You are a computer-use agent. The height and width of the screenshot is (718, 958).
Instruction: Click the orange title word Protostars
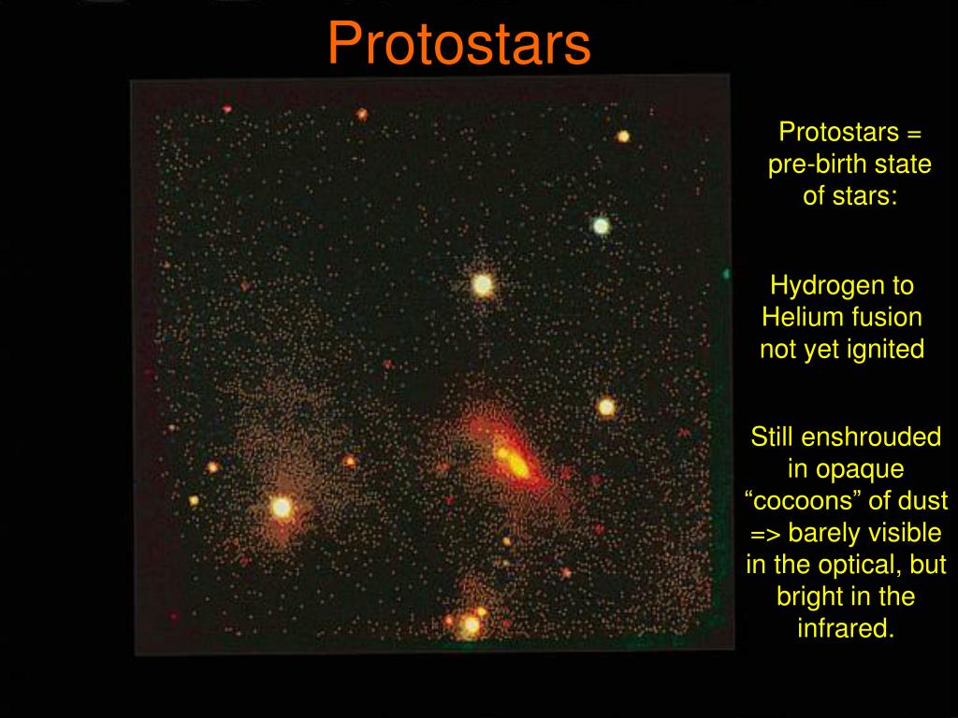[459, 43]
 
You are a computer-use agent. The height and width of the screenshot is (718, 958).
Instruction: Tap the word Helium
[801, 317]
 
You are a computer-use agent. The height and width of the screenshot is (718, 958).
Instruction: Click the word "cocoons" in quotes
[802, 501]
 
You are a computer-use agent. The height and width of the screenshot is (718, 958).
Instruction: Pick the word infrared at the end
[846, 627]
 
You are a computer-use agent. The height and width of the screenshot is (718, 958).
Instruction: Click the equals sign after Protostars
[914, 133]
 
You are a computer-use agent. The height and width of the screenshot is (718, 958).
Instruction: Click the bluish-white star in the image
[602, 226]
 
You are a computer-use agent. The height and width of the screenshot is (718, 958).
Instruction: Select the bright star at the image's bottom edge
[471, 625]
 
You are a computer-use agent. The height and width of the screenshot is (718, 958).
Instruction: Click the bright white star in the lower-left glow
[282, 508]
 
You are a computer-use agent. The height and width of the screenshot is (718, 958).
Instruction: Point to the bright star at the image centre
[483, 284]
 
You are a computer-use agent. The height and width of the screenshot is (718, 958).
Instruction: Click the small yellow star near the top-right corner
[622, 136]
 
